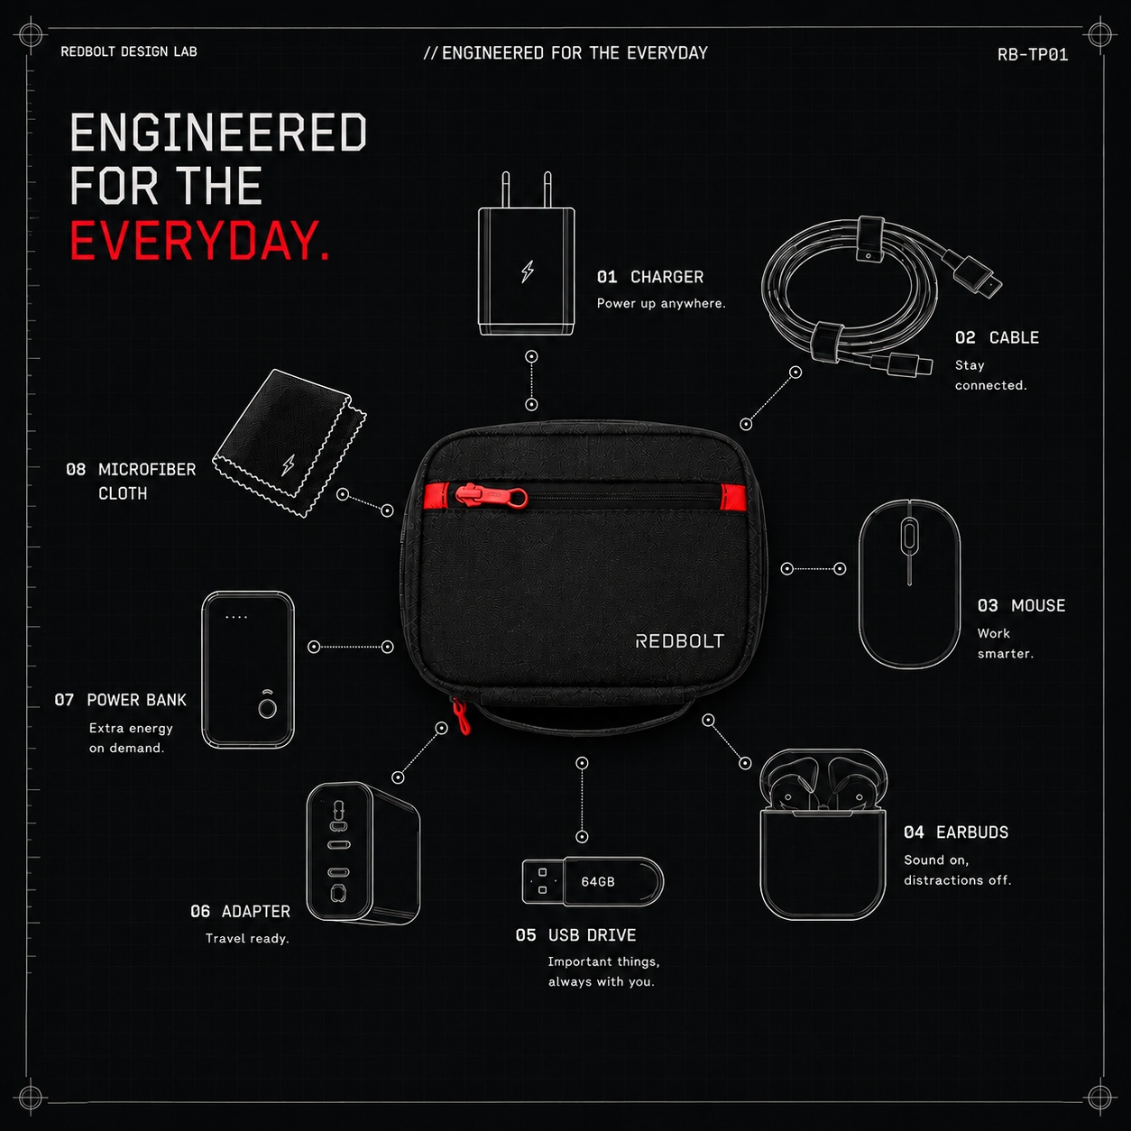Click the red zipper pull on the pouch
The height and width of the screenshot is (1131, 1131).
[x=492, y=497]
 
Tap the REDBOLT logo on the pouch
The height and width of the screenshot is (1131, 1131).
[x=680, y=641]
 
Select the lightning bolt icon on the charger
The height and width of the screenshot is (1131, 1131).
[x=528, y=271]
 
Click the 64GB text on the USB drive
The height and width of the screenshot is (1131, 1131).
[x=597, y=881]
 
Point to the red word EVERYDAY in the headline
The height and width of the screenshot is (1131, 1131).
[x=199, y=241]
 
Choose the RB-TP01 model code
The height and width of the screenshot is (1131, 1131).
[x=1033, y=55]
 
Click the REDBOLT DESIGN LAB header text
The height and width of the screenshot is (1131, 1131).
[x=129, y=51]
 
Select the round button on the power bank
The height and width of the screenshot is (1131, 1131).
[x=268, y=709]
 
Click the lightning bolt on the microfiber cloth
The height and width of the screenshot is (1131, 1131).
[x=288, y=464]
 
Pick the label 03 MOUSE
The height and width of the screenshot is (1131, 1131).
[x=1021, y=606]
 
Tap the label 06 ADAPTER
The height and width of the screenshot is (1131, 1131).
[x=240, y=912]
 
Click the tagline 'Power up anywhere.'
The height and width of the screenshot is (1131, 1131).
[x=661, y=303]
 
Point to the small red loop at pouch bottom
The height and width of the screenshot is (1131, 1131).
[x=461, y=717]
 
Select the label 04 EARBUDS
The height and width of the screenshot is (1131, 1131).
[x=955, y=832]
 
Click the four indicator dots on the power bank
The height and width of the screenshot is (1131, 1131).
[x=236, y=618]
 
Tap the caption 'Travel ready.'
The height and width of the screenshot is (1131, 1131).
[x=247, y=939]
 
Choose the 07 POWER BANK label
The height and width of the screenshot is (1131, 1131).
[x=120, y=700]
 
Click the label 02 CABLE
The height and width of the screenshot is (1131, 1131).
[x=997, y=338]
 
